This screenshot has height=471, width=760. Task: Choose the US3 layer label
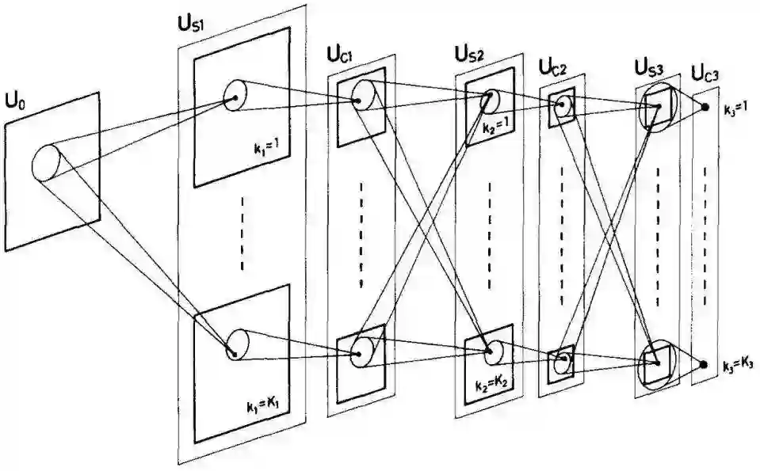[651, 66]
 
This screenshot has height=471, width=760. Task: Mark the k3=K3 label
[737, 367]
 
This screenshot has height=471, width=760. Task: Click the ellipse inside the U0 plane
[47, 163]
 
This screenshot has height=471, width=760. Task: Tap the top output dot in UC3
[705, 109]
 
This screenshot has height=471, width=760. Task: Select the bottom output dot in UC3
[704, 365]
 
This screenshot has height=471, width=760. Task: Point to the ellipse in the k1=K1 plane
[237, 344]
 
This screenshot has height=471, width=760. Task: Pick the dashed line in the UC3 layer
[705, 237]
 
